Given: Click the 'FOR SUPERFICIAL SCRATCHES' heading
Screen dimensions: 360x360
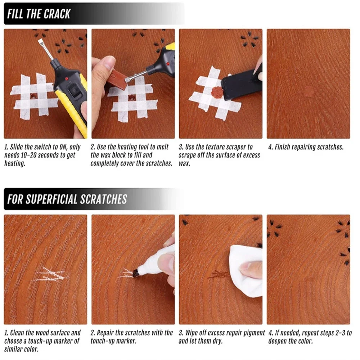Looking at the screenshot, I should point(67,199).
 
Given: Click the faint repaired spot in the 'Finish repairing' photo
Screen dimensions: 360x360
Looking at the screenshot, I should point(309,91).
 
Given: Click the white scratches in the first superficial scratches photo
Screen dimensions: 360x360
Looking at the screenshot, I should point(50,275).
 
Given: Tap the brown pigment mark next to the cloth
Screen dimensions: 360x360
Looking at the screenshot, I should point(219,274).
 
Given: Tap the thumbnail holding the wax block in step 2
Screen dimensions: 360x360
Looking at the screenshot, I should point(108,64).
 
